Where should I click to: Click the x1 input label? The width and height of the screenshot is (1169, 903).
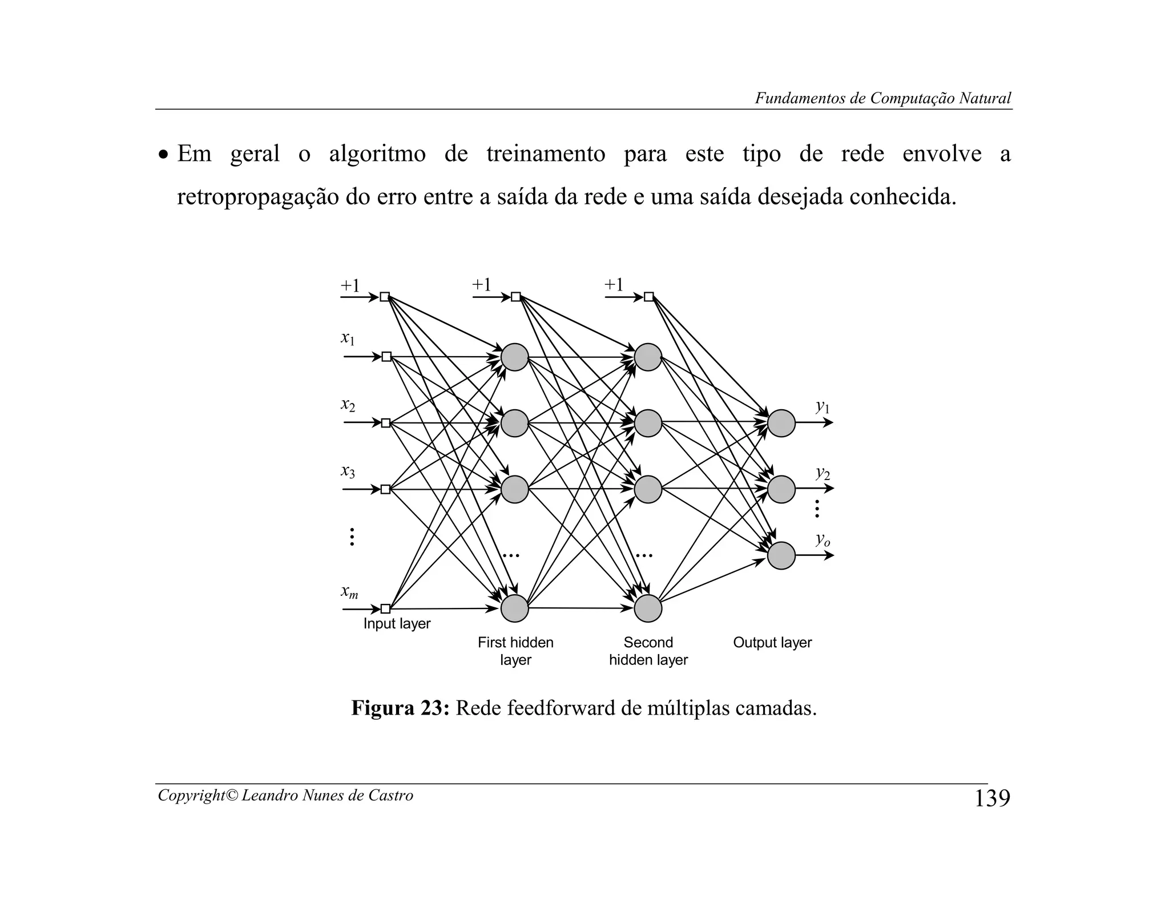point(348,338)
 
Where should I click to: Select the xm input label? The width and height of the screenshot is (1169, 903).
point(349,592)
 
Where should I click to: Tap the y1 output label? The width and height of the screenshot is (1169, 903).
point(823,407)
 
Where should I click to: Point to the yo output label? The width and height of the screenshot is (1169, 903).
point(823,539)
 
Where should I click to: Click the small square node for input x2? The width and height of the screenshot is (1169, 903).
point(386,423)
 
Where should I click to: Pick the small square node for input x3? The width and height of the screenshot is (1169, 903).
point(386,489)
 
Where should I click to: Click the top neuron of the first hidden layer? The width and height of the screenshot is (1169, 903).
point(515,357)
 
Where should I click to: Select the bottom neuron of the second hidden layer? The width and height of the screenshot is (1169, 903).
point(648,608)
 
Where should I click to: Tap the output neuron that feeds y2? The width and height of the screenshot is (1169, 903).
point(781,489)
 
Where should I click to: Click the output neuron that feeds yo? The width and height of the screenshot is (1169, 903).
point(781,555)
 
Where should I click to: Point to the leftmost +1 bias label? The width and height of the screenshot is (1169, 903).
point(350,285)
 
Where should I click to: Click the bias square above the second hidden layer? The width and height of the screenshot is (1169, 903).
point(648,297)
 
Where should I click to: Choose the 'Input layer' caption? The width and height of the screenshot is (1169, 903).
point(397,624)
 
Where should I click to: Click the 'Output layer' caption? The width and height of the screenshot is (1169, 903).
point(772,643)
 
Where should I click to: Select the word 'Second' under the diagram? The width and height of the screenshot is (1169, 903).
point(648,643)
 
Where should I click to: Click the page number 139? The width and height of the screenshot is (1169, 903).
point(991,799)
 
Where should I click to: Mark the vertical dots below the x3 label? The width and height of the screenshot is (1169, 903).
point(352,537)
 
